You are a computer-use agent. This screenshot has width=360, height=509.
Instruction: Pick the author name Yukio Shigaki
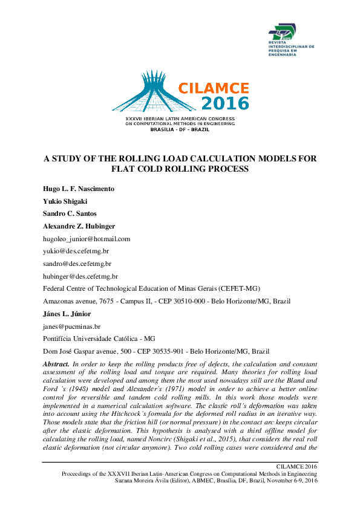(68, 201)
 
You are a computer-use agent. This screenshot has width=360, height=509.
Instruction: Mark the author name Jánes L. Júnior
(69, 313)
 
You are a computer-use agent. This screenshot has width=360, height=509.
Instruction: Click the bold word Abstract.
(56, 365)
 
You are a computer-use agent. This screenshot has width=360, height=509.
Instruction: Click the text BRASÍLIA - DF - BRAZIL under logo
(180, 129)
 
